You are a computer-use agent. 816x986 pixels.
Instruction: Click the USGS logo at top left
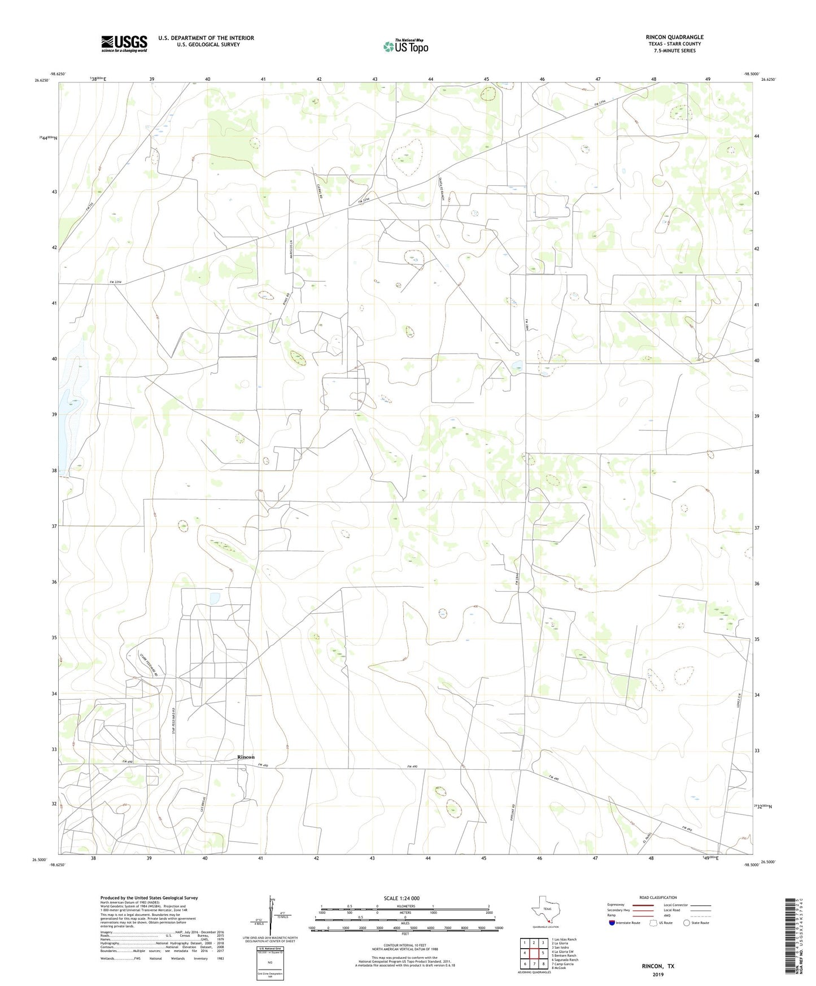(124, 43)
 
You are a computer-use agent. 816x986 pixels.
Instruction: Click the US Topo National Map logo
(405, 46)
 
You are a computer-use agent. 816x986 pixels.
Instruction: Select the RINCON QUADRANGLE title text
(674, 37)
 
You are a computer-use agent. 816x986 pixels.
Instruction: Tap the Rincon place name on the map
(246, 757)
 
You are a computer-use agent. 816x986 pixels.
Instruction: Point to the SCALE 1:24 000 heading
(402, 898)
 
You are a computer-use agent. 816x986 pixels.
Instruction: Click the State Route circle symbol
(686, 923)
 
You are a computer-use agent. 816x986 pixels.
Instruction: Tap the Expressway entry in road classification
(616, 905)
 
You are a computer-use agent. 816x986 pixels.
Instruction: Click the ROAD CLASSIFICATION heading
(658, 898)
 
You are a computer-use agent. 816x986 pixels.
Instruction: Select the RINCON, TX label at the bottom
(658, 966)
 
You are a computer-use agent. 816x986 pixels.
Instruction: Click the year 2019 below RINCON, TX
(658, 975)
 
